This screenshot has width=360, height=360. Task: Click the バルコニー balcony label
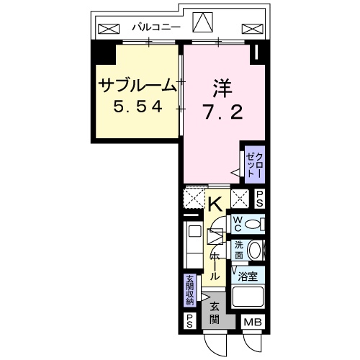tap(156, 28)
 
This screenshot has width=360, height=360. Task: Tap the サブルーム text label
tap(136, 86)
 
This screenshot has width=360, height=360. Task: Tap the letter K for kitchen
tap(215, 203)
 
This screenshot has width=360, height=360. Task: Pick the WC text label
tap(238, 225)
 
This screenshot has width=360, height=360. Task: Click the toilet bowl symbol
tap(253, 225)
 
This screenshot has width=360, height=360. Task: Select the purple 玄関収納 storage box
tap(189, 289)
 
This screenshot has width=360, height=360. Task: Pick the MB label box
tap(251, 322)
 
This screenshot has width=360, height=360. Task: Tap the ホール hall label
tap(215, 266)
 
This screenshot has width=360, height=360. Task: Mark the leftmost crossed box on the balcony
tap(109, 30)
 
